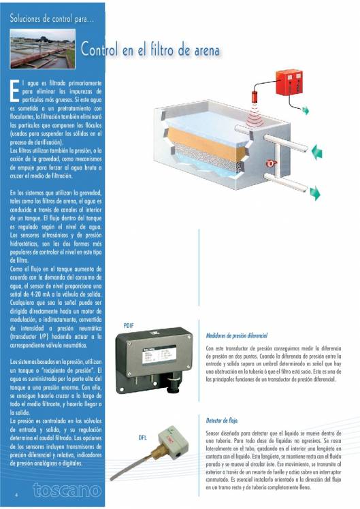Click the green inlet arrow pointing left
click(x=316, y=152)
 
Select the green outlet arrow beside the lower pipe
click(x=315, y=194)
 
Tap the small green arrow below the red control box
click(x=306, y=110)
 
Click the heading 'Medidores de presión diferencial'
click(x=237, y=335)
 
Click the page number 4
click(x=15, y=495)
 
